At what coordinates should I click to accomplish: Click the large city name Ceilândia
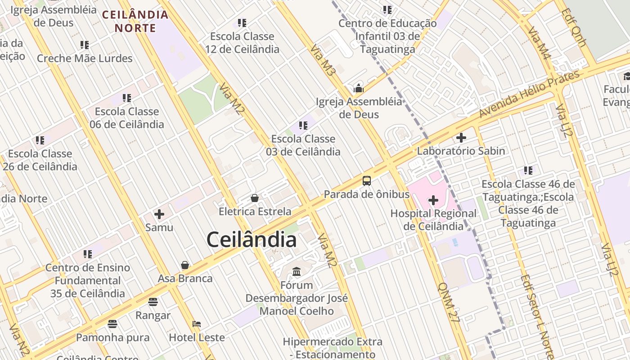[251, 240]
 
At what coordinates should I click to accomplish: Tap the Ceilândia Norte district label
[135, 21]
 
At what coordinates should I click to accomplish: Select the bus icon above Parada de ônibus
[367, 181]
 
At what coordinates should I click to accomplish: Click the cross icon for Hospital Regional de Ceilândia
[433, 200]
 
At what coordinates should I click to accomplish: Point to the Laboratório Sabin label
[461, 151]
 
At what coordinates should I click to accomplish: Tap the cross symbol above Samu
[159, 214]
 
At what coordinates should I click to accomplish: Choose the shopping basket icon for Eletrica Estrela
[255, 198]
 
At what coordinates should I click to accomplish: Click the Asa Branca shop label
[185, 278]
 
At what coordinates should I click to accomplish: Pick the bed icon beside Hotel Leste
[197, 324]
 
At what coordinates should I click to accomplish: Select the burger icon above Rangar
[153, 302]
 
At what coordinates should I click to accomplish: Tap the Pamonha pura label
[112, 337]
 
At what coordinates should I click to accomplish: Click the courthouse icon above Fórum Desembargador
[297, 272]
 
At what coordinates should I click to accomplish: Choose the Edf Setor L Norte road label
[537, 317]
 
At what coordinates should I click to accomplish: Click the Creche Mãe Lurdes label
[85, 58]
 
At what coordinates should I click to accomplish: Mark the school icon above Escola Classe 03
[303, 126]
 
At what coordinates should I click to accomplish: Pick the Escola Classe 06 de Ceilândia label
[127, 117]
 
